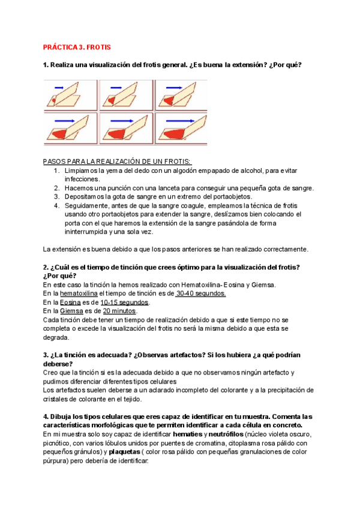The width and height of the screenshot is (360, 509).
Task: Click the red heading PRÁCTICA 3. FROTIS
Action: click(77, 47)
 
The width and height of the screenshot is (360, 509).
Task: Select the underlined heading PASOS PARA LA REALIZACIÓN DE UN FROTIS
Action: click(118, 161)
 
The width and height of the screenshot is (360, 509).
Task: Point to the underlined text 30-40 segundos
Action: click(201, 294)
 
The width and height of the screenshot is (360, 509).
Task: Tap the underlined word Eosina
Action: click(71, 303)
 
